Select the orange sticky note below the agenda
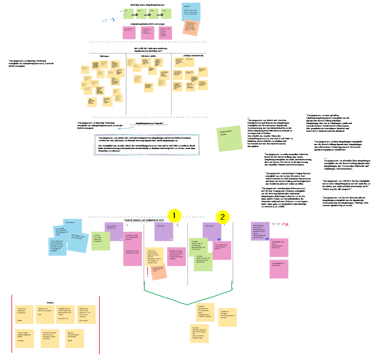(191, 29)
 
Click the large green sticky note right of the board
(227, 138)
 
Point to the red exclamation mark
(148, 272)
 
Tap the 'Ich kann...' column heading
(105, 56)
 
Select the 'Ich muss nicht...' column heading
(149, 56)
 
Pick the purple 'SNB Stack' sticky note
(159, 231)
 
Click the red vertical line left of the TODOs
(12, 324)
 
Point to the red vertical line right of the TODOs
(100, 324)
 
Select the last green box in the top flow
(165, 14)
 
